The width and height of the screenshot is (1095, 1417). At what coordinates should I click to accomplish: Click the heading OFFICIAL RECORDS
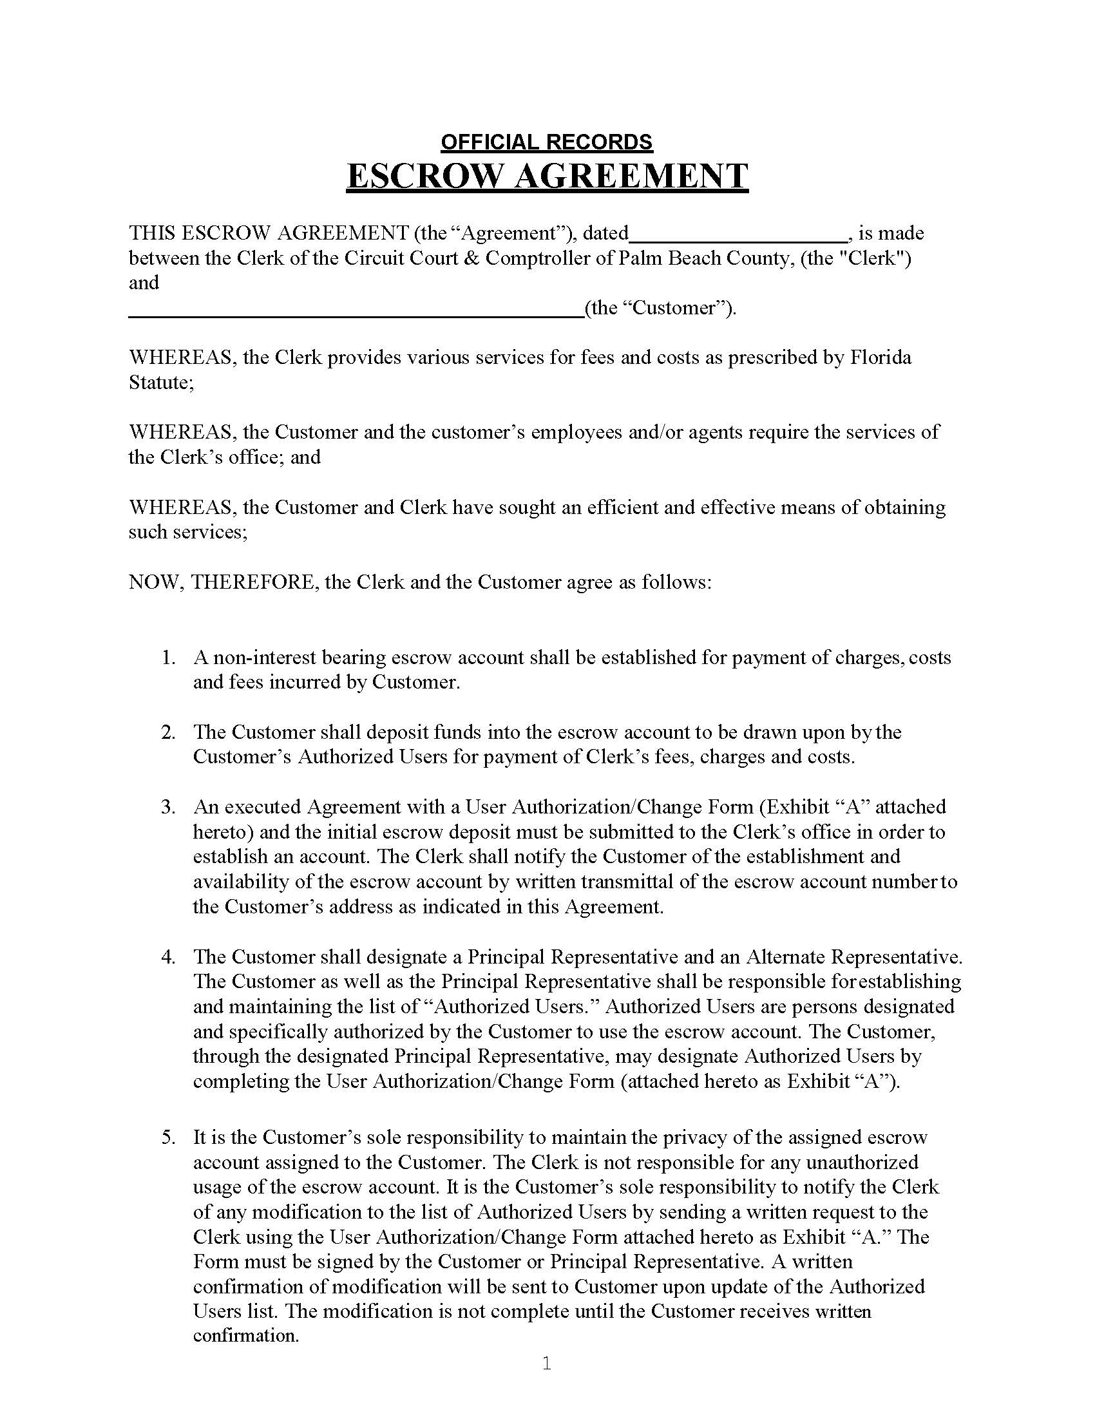(547, 142)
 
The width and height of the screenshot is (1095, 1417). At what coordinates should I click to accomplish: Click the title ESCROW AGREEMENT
(547, 176)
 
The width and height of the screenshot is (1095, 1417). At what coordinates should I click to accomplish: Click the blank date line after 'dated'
(738, 235)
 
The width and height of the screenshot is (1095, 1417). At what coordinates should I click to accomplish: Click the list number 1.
(167, 658)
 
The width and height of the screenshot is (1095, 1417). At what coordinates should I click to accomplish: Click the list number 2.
(167, 732)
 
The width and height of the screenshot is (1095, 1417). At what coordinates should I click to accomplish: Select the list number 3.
(167, 807)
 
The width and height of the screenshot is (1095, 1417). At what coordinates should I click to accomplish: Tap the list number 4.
(167, 957)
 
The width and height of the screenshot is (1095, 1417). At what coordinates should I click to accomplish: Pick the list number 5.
(167, 1137)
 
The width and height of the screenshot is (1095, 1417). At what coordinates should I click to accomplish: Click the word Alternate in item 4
(785, 957)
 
